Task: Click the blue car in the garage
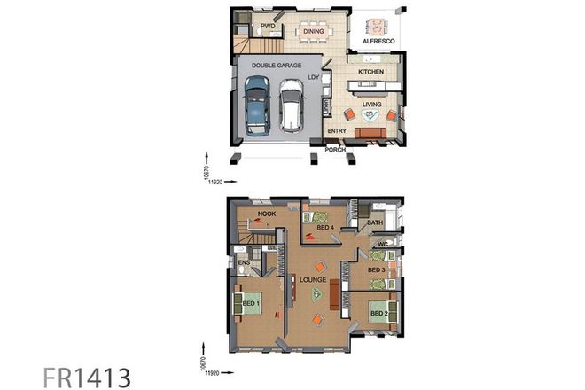256,105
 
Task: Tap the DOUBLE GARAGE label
277,66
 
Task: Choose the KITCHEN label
370,70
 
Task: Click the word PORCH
335,150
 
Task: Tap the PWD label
268,27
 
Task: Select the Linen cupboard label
328,107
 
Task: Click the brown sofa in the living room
370,133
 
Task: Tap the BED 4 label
324,228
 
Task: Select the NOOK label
266,214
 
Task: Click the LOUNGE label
314,279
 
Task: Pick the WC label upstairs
384,244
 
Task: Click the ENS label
243,262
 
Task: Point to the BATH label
375,222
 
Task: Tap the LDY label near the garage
313,78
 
